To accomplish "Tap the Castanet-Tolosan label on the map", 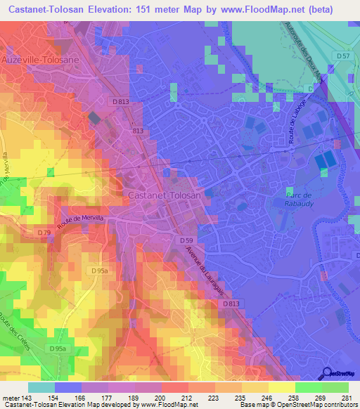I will point(166,195).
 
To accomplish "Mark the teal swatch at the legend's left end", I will point(41,387).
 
